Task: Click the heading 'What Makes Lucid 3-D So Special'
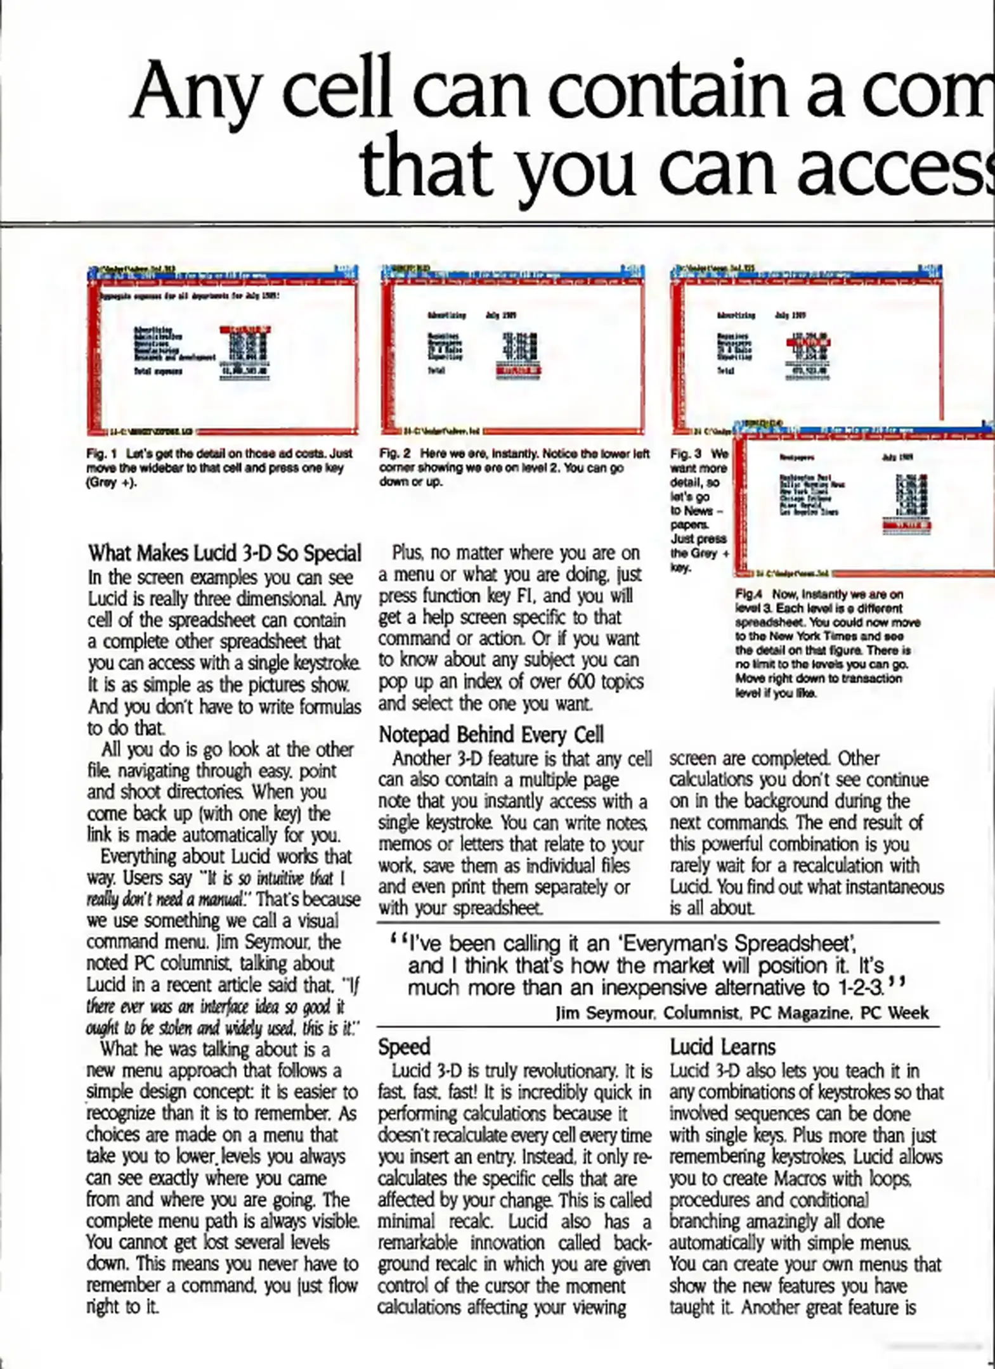224,553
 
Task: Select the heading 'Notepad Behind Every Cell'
491,735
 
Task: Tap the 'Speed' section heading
404,1046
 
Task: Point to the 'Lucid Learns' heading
722,1046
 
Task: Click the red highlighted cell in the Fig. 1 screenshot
245,330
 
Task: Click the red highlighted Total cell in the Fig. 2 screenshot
518,370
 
